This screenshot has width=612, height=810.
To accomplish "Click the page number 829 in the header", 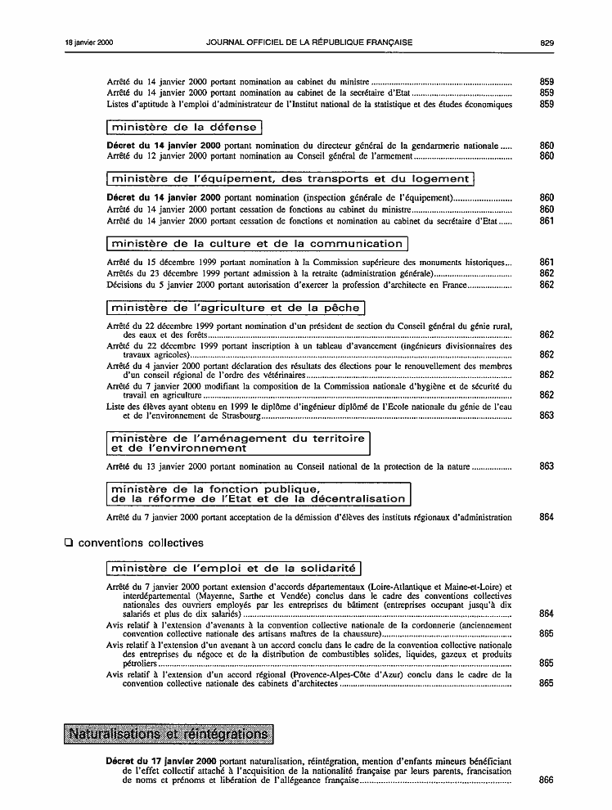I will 547,42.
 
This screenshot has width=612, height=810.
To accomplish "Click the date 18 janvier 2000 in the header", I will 89,42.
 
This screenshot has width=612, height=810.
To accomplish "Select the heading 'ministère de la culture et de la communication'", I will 257,244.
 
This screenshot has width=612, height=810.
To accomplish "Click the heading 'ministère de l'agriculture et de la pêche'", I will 235,308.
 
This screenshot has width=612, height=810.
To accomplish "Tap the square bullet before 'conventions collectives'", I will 69,542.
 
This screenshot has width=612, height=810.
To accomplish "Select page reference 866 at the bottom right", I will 547,781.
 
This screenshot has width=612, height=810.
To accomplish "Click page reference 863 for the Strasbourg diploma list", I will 547,416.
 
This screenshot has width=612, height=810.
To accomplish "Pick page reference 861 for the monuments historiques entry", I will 547,262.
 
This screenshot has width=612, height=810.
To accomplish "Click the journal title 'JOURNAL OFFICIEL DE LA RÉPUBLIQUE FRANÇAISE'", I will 309,42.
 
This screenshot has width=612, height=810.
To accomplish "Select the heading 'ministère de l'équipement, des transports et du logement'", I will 290,179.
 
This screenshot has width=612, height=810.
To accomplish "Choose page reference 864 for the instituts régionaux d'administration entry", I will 547,517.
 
